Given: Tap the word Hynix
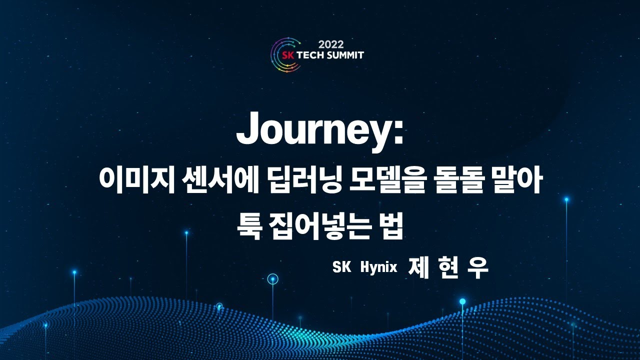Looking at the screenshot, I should point(378,267).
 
